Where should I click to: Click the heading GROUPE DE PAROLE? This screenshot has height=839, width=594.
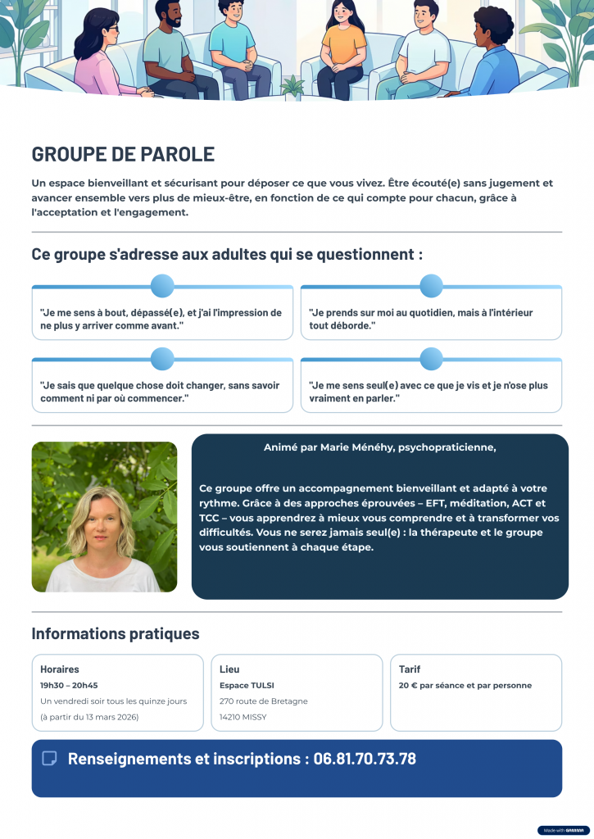coord(123,154)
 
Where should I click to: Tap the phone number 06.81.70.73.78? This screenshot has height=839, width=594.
coord(365,759)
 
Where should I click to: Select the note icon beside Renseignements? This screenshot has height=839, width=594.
coord(49,759)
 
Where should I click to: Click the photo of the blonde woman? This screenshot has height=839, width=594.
coord(104,517)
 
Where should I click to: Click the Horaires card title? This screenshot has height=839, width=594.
coord(60,669)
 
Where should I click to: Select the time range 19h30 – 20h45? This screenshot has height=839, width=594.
coord(69,686)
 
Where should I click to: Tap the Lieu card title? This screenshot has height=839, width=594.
coord(229,669)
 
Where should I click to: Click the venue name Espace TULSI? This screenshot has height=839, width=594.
coord(247,686)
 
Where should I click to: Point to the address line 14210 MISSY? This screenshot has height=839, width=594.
coord(243,717)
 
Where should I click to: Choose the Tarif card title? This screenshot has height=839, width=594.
coord(410,669)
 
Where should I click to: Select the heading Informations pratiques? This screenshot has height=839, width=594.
coord(115,633)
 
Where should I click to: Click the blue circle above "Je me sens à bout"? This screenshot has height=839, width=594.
coord(162,286)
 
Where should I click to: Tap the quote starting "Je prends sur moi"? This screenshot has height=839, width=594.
coord(421,319)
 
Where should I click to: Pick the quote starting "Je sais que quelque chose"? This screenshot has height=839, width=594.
coord(160,392)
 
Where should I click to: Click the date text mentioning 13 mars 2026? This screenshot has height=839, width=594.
coord(89,717)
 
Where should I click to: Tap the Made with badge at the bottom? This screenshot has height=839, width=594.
coord(563,830)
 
